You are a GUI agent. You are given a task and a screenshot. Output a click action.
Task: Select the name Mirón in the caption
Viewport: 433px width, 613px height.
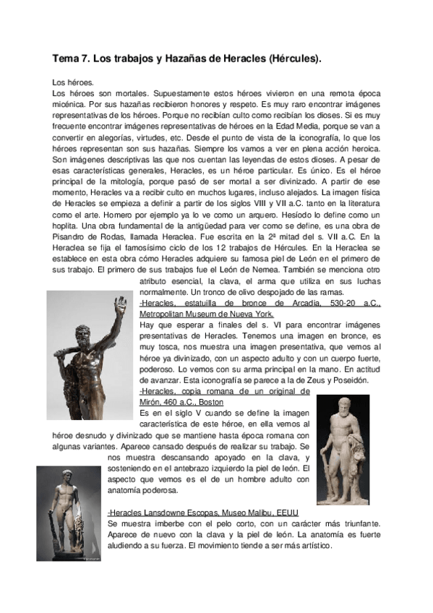pos(152,401)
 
